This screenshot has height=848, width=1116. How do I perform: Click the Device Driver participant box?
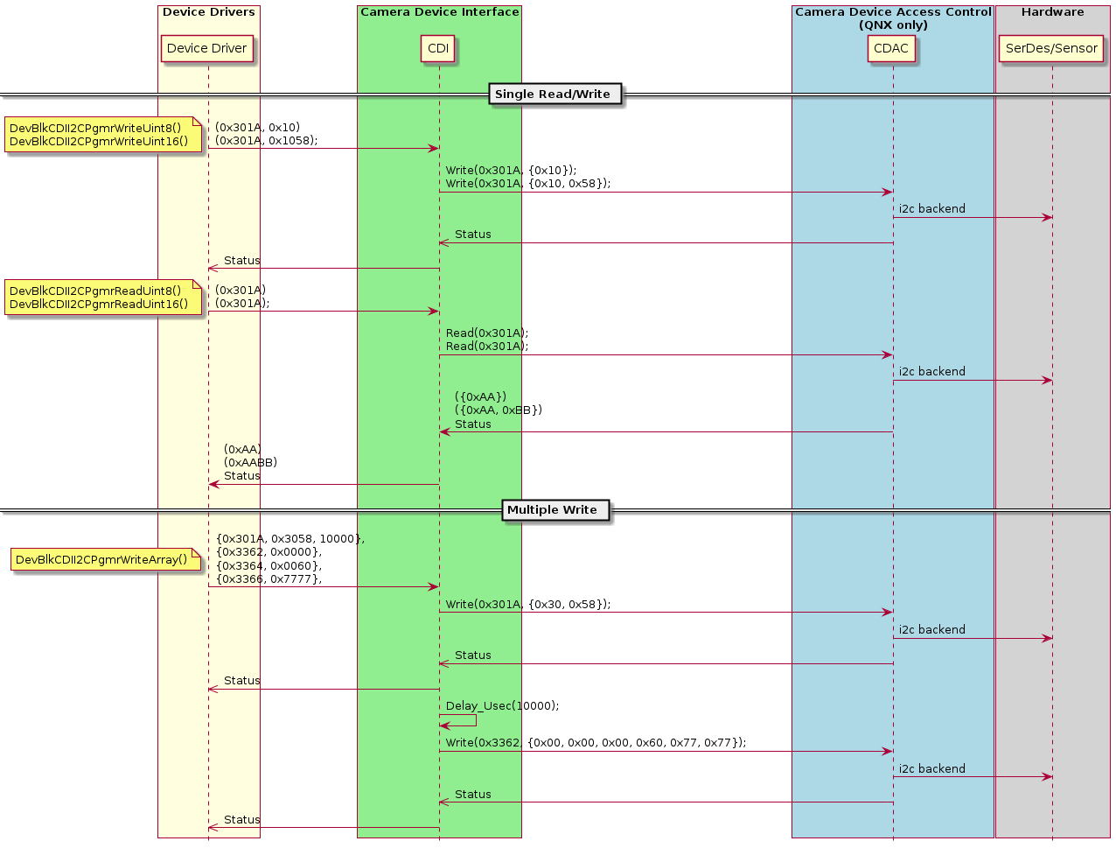pos(207,49)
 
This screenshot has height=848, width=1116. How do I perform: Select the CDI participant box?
pos(438,49)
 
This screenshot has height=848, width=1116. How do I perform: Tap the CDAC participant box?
pos(891,49)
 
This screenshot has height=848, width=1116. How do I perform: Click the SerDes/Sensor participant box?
pos(1051,49)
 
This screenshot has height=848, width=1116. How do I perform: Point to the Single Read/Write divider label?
pos(553,95)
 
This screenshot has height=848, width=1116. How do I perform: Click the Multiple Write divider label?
pos(552,510)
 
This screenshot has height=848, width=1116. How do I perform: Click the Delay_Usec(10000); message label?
pos(502,706)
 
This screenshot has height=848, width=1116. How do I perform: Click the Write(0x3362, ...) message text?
pos(596,743)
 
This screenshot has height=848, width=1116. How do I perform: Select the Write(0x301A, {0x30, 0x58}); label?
pos(528,605)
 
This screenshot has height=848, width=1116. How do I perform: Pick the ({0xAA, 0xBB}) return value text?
pos(499,410)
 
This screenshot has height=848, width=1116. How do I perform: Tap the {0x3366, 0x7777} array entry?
pos(269,578)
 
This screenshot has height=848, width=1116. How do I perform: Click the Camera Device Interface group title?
pos(439,12)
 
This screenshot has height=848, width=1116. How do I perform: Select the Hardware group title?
pos(1052,12)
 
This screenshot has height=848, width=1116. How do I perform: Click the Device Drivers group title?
pos(209,12)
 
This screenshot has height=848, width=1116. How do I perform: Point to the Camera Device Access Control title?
pos(893,12)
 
